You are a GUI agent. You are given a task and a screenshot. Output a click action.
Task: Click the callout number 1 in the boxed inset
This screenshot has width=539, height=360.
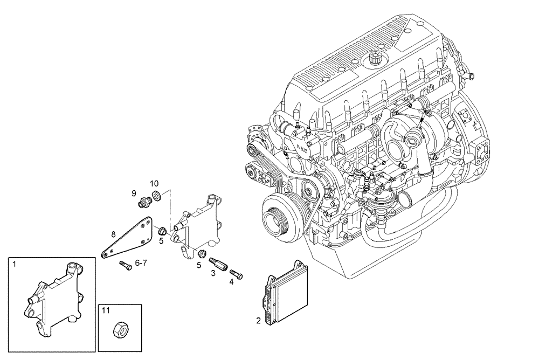15,264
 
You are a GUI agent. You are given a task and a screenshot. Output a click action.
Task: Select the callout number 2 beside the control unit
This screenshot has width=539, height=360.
258,321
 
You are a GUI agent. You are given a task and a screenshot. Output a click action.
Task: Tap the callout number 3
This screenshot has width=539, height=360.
213,273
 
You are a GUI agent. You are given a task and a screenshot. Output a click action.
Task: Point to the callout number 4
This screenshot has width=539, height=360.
231,280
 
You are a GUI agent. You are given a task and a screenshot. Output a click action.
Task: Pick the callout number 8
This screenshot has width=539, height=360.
113,234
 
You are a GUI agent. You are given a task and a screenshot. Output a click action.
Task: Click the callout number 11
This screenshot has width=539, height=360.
107,311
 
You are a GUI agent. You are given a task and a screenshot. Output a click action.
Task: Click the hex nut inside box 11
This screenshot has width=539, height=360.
120,330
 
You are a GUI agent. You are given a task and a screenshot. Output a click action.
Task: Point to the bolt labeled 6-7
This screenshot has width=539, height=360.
125,265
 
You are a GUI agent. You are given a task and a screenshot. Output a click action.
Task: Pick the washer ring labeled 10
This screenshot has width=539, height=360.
156,195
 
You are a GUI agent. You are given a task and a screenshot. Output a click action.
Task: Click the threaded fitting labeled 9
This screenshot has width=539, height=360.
144,203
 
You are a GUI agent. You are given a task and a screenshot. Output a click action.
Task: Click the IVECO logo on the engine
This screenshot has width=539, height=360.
302,147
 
